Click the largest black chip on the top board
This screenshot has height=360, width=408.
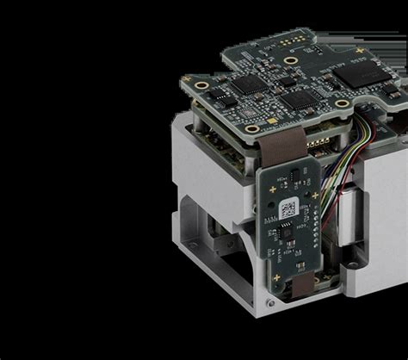tap(367, 74)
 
